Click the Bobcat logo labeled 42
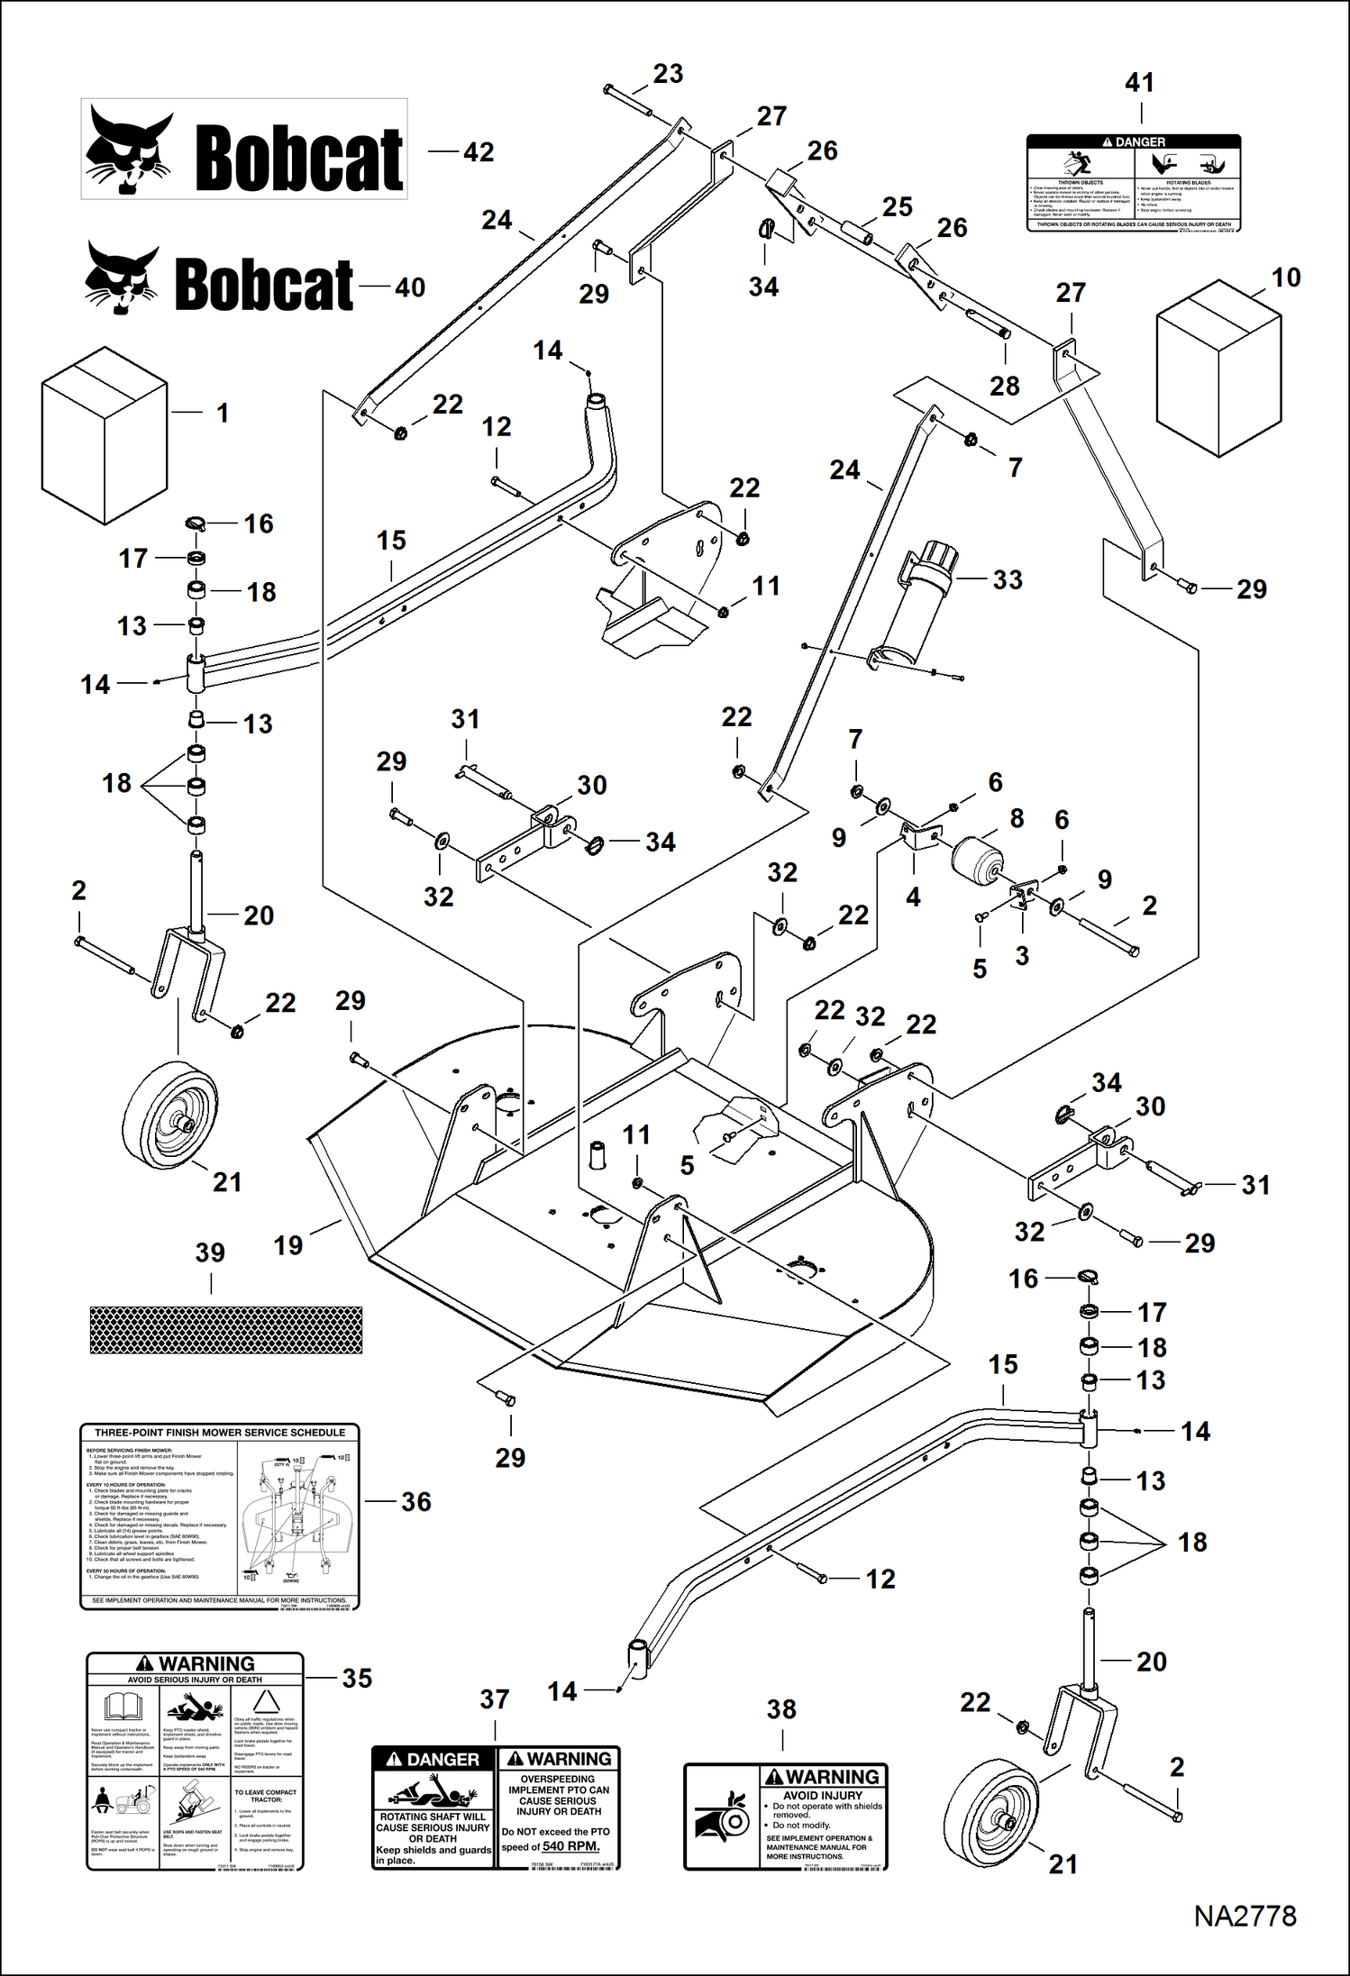click(244, 150)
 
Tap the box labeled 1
click(105, 434)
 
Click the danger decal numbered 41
click(1134, 183)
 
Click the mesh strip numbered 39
click(226, 1330)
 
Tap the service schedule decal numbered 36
click(220, 1516)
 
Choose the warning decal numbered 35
click(196, 1762)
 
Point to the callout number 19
click(288, 1245)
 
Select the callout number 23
click(668, 74)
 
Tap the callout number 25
click(897, 207)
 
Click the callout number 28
click(1005, 386)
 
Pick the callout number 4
click(913, 897)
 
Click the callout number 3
click(1022, 956)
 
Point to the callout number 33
click(1008, 579)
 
